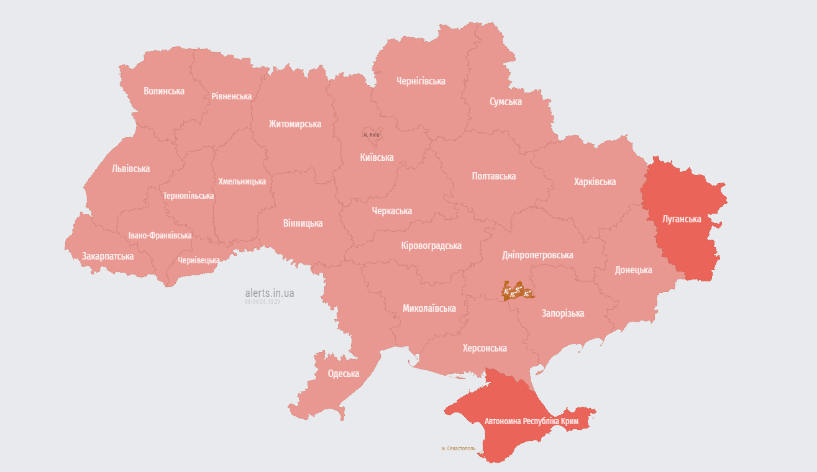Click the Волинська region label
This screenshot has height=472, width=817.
point(164,91)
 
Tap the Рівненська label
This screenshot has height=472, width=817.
point(231,96)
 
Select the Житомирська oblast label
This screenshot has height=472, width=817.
point(295,124)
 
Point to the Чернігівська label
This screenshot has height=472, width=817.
point(421,81)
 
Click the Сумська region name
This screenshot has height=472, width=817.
point(506,101)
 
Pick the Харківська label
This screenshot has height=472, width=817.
point(595,181)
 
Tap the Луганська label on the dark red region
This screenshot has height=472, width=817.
point(682,219)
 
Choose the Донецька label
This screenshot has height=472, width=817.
point(634,270)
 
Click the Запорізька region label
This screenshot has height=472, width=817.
point(563,313)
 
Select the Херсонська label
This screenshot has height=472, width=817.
point(485,348)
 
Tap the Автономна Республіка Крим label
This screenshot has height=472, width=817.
point(531,421)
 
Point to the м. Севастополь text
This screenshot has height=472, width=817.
point(459,448)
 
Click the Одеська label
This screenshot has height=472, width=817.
point(344,373)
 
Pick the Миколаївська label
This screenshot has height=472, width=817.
point(429,308)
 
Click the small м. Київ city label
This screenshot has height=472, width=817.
point(371,135)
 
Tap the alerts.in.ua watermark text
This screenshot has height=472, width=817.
point(270,293)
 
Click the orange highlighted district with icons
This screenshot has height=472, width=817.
point(517,291)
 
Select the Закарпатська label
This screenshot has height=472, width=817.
point(107,256)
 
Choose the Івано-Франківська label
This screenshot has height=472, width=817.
point(160,235)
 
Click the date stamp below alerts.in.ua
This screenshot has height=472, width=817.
point(262,301)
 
